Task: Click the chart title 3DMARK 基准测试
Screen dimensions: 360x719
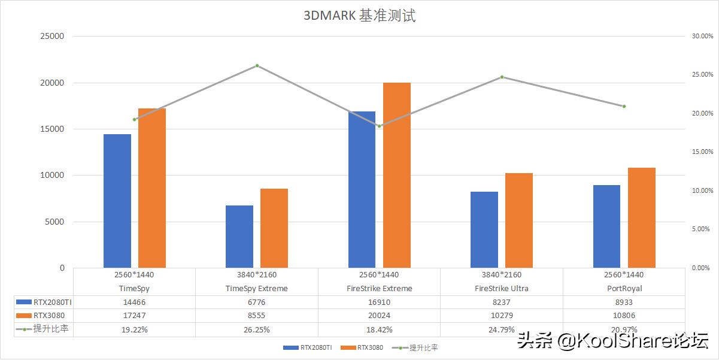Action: [x=359, y=16]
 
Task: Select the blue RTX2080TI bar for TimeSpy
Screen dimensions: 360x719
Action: [x=117, y=201]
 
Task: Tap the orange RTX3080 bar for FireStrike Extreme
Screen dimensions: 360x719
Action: [x=397, y=175]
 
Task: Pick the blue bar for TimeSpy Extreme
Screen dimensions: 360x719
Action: [x=239, y=237]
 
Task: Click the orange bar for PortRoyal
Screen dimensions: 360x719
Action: [x=642, y=217]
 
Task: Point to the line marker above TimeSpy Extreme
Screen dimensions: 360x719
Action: [x=257, y=65]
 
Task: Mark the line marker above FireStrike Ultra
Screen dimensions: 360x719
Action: [x=502, y=77]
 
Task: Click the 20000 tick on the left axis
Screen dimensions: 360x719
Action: [x=53, y=83]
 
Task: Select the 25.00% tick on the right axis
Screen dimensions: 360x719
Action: [x=702, y=75]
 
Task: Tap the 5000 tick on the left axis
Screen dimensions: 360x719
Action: [x=55, y=222]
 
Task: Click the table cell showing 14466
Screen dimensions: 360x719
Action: [x=134, y=302]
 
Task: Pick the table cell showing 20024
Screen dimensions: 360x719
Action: [x=379, y=316]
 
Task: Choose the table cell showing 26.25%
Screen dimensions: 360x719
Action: [x=257, y=329]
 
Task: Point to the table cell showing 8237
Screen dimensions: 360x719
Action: [x=502, y=302]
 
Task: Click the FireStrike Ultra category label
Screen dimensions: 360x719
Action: [x=502, y=288]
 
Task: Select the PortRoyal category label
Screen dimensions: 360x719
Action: [x=624, y=288]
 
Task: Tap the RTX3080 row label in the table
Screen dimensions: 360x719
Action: [x=48, y=316]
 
